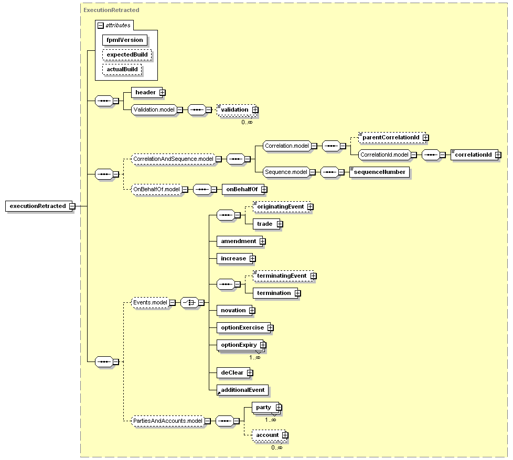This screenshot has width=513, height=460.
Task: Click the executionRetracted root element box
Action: tap(39, 206)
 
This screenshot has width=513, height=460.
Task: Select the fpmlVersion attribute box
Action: tap(125, 40)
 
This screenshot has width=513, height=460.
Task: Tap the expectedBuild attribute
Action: tap(127, 55)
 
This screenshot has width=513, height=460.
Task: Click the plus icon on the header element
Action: tap(162, 93)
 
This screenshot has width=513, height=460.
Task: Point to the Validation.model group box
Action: tap(154, 110)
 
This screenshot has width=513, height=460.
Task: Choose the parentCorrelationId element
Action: tap(392, 138)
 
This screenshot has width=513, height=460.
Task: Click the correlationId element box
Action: tap(474, 155)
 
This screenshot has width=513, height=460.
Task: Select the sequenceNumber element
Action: tap(380, 172)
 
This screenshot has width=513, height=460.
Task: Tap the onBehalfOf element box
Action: tap(243, 190)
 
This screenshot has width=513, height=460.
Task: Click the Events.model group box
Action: tap(150, 302)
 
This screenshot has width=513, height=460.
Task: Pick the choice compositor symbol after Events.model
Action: tap(189, 302)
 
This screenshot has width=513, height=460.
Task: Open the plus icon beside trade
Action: tap(280, 224)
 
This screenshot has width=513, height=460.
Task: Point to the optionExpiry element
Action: tap(240, 345)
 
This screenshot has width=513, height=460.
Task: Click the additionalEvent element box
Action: tap(242, 390)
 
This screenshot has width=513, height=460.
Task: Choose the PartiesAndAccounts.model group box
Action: tap(167, 421)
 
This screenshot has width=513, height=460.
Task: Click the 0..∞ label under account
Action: tap(277, 447)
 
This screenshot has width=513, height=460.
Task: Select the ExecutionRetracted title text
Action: tap(111, 10)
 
